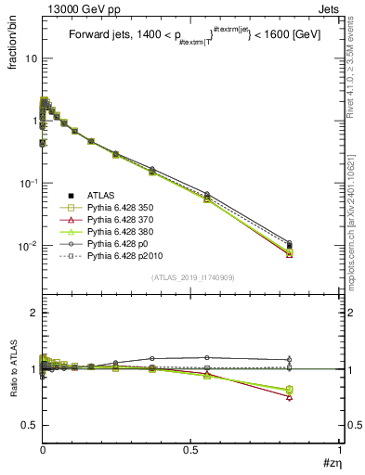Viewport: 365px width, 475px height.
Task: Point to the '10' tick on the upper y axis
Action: click(28, 58)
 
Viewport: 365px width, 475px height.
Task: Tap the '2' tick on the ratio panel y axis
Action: click(32, 314)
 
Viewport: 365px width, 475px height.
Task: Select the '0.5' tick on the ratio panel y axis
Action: click(27, 425)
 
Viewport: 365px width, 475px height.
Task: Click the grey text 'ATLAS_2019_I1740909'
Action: click(190, 277)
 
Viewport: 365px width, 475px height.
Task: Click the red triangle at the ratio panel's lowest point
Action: click(290, 397)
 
